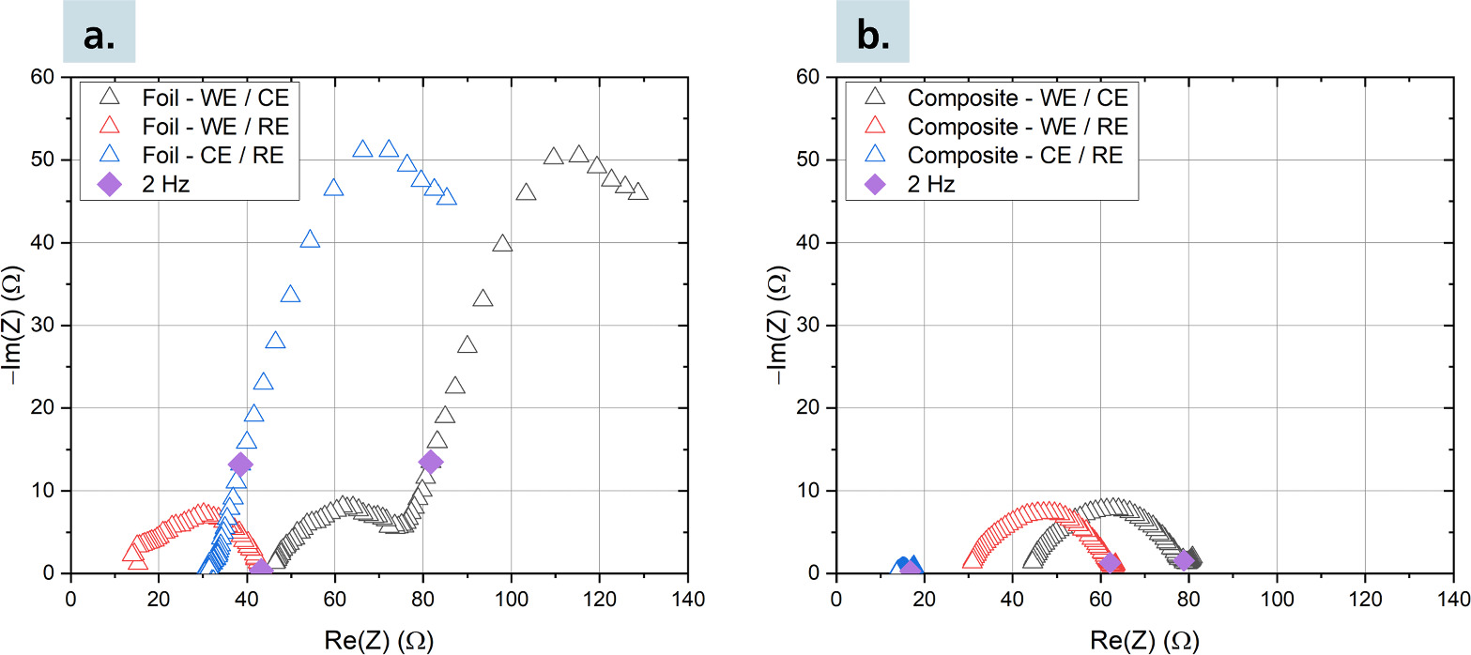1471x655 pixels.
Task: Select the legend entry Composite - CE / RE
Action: click(x=1016, y=155)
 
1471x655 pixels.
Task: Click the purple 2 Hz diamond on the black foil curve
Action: click(x=431, y=461)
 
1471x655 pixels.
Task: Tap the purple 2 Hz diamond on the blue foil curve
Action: click(x=240, y=464)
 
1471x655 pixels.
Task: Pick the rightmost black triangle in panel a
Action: click(x=638, y=191)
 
